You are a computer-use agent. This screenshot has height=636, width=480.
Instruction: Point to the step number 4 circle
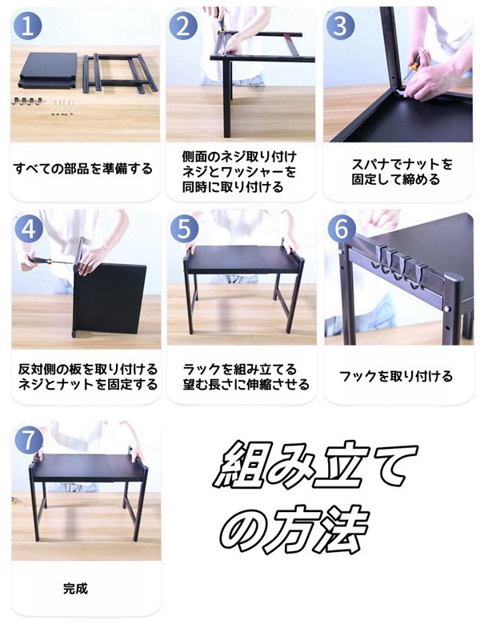[x=29, y=229]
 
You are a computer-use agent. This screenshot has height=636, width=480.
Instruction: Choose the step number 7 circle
[x=29, y=440]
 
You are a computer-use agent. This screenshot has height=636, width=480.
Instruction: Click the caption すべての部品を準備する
[x=83, y=168]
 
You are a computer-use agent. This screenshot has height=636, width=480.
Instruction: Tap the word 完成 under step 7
[x=75, y=589]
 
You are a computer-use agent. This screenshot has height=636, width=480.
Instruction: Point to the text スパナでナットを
[x=402, y=165]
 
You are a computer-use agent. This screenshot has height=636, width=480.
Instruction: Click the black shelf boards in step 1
[x=48, y=70]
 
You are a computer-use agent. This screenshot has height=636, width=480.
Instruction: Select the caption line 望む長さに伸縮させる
[x=246, y=384]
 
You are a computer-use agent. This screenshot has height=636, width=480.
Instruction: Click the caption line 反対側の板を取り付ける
[x=88, y=370]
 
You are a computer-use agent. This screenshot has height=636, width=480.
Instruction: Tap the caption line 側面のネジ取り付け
[x=239, y=157]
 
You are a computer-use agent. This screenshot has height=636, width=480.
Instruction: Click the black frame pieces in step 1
[x=120, y=74]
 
